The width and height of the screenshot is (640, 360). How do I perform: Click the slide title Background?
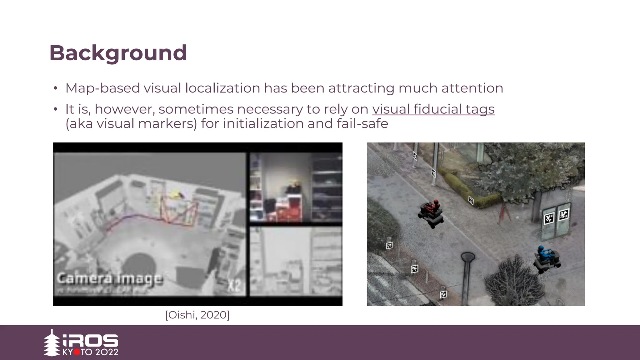click(118, 53)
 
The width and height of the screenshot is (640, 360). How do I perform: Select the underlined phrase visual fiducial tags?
click(433, 109)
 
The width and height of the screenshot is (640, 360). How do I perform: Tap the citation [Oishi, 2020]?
click(197, 315)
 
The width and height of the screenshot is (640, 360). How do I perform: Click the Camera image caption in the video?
click(110, 278)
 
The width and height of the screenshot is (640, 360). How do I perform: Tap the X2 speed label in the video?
click(234, 285)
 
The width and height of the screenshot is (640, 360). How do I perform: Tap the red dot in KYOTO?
click(77, 352)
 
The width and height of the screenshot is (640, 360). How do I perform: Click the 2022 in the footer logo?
click(107, 352)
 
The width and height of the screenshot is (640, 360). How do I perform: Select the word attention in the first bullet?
click(472, 88)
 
